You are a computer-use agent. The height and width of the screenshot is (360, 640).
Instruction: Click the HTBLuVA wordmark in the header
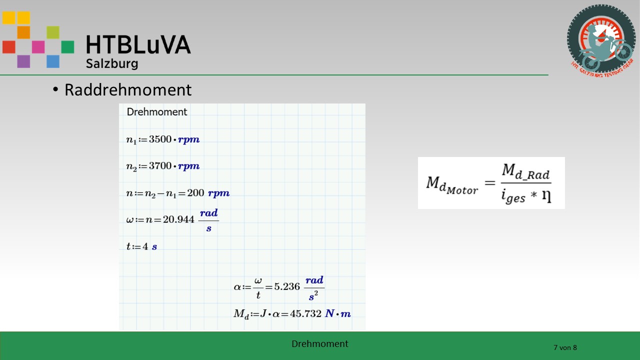[138, 45]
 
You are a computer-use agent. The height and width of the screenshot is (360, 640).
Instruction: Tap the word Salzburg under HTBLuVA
[112, 63]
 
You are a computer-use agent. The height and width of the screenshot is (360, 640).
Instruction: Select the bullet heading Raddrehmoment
[128, 89]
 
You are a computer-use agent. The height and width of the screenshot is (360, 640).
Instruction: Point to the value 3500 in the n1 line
[160, 139]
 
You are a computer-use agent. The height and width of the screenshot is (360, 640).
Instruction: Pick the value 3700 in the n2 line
[160, 165]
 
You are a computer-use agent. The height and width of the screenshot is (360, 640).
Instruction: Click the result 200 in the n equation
[195, 193]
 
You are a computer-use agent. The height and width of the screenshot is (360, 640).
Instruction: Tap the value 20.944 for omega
[178, 219]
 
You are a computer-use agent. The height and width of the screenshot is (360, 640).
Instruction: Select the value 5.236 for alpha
[287, 286]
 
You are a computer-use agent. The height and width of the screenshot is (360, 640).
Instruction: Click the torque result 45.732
[305, 313]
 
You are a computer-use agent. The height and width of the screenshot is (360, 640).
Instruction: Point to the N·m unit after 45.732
[338, 313]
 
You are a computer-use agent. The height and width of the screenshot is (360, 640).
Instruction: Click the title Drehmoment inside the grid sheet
[157, 111]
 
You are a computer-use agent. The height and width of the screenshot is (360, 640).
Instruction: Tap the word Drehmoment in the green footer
[319, 343]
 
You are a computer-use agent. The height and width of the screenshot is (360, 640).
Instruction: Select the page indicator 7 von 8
[565, 347]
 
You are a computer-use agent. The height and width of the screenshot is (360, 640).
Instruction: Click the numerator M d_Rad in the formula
[525, 171]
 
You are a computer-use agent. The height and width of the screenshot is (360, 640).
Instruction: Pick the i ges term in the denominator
[513, 196]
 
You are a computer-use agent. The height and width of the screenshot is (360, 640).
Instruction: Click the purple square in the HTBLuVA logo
[23, 61]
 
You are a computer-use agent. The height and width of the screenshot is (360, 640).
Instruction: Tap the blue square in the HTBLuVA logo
[53, 61]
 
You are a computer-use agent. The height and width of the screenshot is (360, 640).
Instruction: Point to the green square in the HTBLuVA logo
[67, 47]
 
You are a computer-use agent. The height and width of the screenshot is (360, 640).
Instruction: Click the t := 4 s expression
[141, 246]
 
